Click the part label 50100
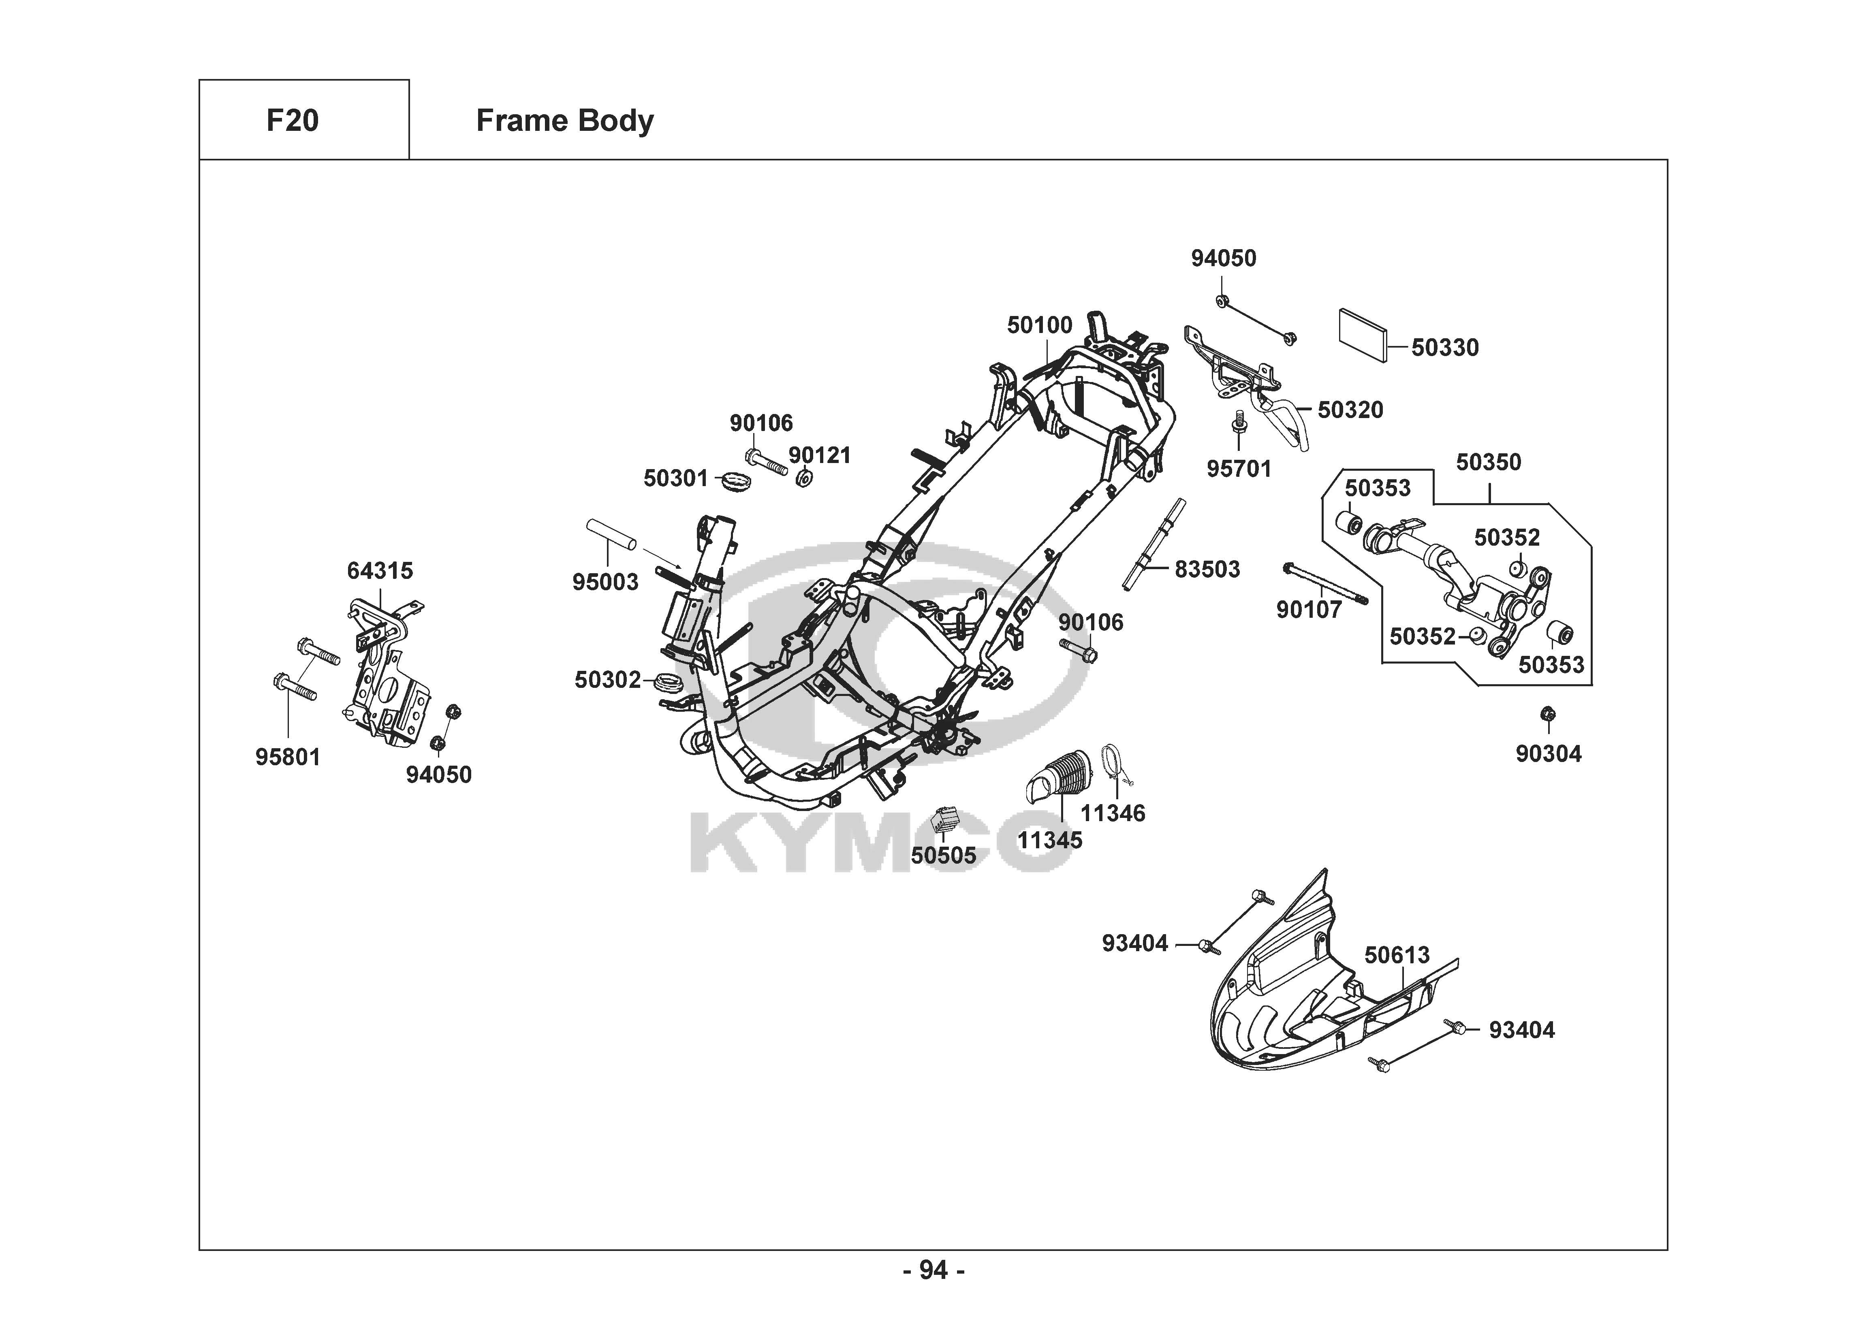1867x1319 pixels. coord(1039,325)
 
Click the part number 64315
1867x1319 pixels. coord(380,571)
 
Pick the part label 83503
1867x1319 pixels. coord(1207,569)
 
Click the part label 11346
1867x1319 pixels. coord(1113,813)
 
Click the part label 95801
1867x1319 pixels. coord(288,757)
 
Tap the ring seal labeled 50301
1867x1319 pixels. coord(735,479)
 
